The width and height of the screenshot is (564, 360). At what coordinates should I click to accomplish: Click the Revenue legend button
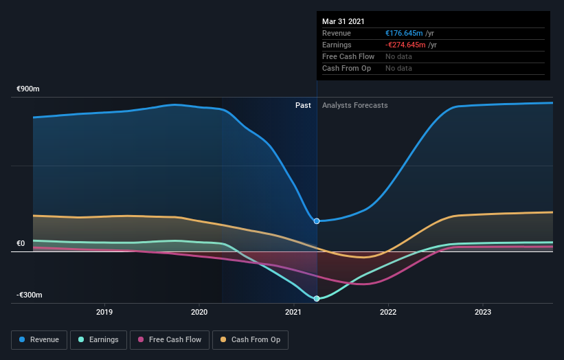click(x=40, y=339)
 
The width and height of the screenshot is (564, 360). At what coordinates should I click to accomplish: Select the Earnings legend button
click(x=99, y=339)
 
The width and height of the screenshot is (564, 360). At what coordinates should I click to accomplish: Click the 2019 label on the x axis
click(x=104, y=312)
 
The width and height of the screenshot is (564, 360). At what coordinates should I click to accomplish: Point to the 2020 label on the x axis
click(x=199, y=312)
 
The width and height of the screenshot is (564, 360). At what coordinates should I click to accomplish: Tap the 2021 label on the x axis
click(x=293, y=312)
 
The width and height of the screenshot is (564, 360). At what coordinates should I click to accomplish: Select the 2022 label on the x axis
click(x=388, y=312)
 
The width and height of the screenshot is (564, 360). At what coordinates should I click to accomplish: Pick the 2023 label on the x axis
click(x=482, y=312)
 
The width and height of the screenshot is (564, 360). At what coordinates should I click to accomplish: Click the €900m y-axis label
click(x=28, y=89)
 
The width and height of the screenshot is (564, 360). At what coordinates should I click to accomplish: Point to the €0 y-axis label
click(x=21, y=243)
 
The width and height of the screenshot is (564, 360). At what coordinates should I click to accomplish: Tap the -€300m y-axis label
click(x=30, y=295)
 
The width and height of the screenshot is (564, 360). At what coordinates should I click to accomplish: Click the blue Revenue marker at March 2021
click(x=317, y=221)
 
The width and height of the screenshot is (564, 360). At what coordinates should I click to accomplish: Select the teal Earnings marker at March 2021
click(x=317, y=299)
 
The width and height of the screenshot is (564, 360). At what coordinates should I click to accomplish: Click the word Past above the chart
click(x=303, y=106)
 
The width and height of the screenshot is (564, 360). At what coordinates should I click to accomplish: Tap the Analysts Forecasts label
click(x=354, y=106)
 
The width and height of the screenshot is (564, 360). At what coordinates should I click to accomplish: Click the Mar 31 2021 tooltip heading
click(x=344, y=21)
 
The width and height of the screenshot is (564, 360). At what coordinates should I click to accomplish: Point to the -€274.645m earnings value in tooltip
click(x=405, y=45)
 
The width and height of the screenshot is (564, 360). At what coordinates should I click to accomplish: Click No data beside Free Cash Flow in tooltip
click(x=398, y=56)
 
